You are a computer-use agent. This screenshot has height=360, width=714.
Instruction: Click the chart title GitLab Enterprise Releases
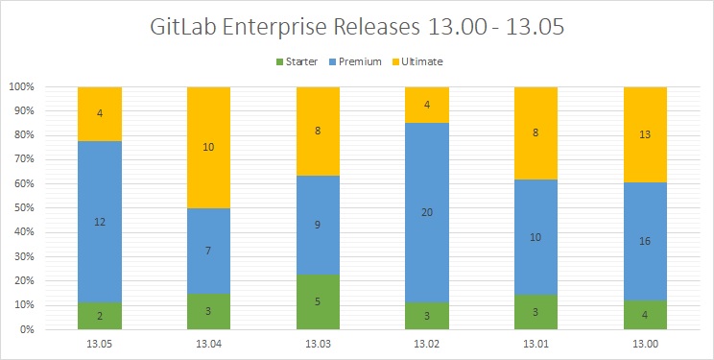pos(357,27)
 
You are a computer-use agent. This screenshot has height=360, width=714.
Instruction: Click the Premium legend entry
pos(361,61)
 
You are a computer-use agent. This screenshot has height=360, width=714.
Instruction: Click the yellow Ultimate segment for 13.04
pos(222,147)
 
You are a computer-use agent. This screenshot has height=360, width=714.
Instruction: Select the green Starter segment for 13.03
pos(331,301)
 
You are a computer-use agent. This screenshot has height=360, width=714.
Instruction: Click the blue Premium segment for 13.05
pos(112,221)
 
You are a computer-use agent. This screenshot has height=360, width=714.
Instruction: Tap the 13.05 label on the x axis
pos(112,344)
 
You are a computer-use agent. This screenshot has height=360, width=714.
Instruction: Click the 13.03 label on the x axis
pos(331,344)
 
